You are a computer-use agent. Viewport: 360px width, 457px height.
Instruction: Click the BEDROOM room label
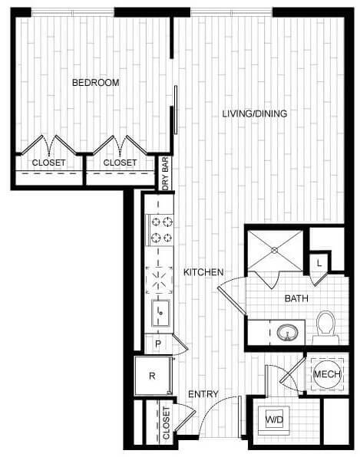[96, 82]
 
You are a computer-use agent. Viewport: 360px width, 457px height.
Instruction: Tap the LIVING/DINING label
[254, 114]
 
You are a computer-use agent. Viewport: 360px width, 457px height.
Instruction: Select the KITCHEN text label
[203, 272]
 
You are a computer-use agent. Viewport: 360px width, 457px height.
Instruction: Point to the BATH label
[296, 298]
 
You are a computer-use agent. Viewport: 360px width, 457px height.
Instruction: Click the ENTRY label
[203, 394]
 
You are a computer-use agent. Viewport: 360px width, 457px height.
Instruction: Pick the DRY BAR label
[165, 174]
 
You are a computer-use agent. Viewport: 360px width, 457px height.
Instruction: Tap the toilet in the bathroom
[327, 327]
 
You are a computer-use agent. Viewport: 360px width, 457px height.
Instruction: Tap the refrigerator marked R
[151, 376]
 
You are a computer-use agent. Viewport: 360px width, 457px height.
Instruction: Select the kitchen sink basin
[161, 311]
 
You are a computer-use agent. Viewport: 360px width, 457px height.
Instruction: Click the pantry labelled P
[159, 344]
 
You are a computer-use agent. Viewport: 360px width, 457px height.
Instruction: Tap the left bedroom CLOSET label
[48, 163]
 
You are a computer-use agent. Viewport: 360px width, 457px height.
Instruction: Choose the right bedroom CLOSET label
[120, 163]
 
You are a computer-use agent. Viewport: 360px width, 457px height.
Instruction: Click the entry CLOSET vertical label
[167, 423]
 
